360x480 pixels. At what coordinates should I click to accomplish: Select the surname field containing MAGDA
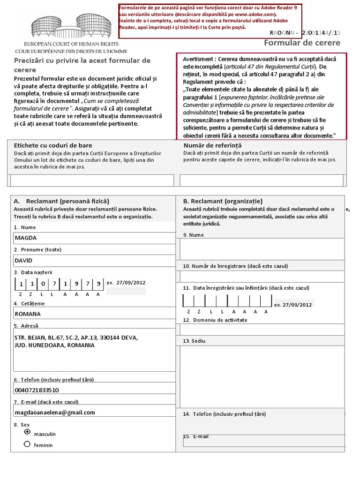tap(94, 238)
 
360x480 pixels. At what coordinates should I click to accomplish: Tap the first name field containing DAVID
tap(94, 261)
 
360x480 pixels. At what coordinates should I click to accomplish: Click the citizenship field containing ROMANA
tap(94, 314)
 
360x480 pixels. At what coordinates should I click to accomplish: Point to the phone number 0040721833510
tap(37, 390)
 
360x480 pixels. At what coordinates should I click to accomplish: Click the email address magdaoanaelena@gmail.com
tap(55, 412)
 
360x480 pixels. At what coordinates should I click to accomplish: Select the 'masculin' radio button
tap(27, 432)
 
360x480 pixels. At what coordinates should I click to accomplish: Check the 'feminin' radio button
tap(27, 444)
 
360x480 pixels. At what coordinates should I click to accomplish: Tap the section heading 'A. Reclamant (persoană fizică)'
tap(61, 201)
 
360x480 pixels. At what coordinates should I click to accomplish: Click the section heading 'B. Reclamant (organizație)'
tap(223, 201)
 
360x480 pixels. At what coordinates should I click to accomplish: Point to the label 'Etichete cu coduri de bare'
tap(53, 145)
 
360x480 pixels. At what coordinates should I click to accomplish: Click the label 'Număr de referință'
tap(212, 145)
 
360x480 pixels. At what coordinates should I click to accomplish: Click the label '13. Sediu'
tap(194, 341)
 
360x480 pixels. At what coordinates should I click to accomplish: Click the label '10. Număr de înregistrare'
tap(235, 266)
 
